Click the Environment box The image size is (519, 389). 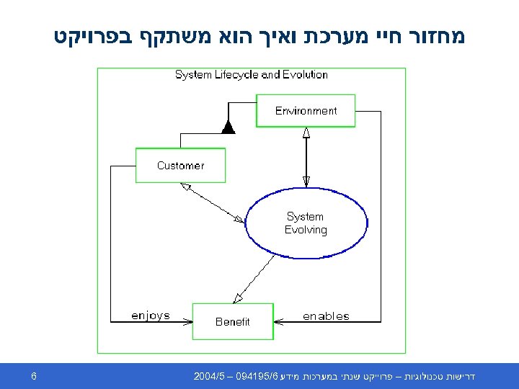click(x=306, y=111)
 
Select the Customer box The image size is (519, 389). click(x=180, y=166)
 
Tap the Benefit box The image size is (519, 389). click(x=232, y=321)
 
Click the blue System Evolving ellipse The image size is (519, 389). click(x=306, y=223)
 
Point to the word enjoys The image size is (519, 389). click(x=150, y=316)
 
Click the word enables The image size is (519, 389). click(x=326, y=316)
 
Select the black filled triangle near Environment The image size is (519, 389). click(x=229, y=128)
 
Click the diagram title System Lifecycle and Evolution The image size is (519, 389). click(x=251, y=75)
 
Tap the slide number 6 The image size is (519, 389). click(x=34, y=376)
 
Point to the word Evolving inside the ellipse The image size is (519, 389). click(x=306, y=231)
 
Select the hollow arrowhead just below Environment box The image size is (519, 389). click(x=306, y=133)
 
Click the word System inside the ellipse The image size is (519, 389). click(x=305, y=216)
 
